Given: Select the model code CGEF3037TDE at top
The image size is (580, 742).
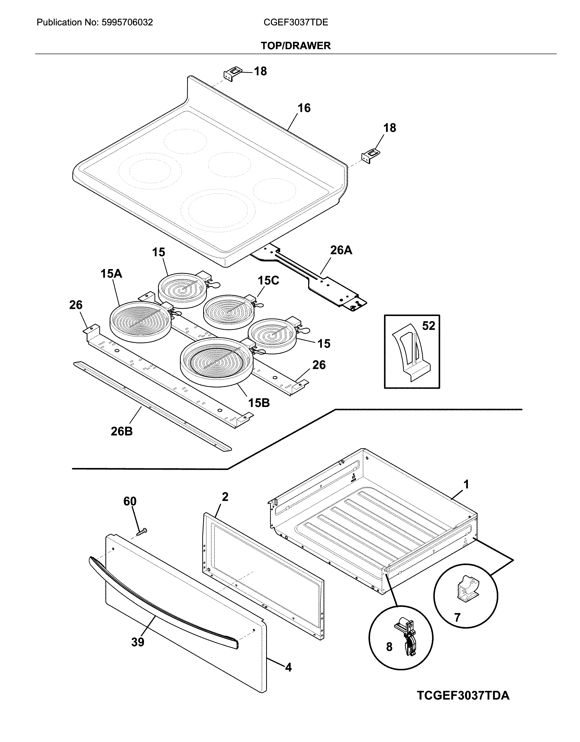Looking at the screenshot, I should [x=296, y=22].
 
